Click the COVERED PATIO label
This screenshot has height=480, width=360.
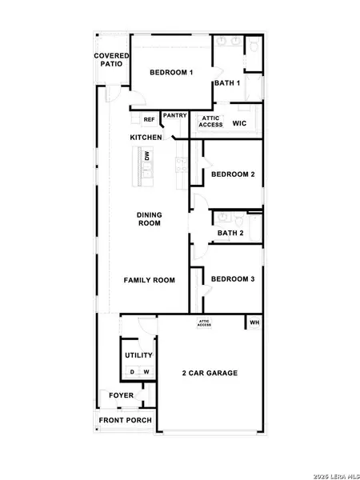point(111,59)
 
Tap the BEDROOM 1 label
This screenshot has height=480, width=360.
point(172,73)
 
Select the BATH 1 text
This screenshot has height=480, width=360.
point(227,82)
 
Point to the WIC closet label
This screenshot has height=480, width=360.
point(238,124)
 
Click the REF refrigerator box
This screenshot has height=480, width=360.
point(149,120)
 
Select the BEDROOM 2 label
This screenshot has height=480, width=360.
point(232,174)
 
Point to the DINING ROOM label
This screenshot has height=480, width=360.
point(149,218)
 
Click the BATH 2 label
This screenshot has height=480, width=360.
point(230,234)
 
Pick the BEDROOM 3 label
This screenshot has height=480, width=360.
point(232,279)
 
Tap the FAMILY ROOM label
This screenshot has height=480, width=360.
point(149,280)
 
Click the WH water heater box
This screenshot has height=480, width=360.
point(254,323)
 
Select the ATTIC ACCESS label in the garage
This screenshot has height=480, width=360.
point(204,323)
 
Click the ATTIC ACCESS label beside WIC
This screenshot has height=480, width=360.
point(210,122)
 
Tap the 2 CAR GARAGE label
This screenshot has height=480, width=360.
point(210,373)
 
